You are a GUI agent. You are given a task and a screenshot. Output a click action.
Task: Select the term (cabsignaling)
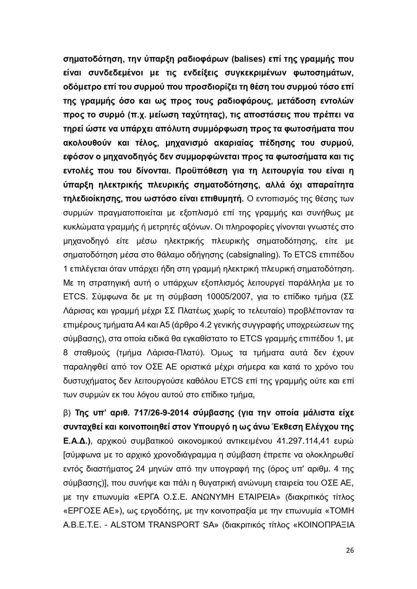[253, 255]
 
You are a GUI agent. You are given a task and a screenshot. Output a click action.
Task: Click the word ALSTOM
[128, 525]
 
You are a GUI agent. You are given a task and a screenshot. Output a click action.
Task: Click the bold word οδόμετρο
[81, 86]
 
